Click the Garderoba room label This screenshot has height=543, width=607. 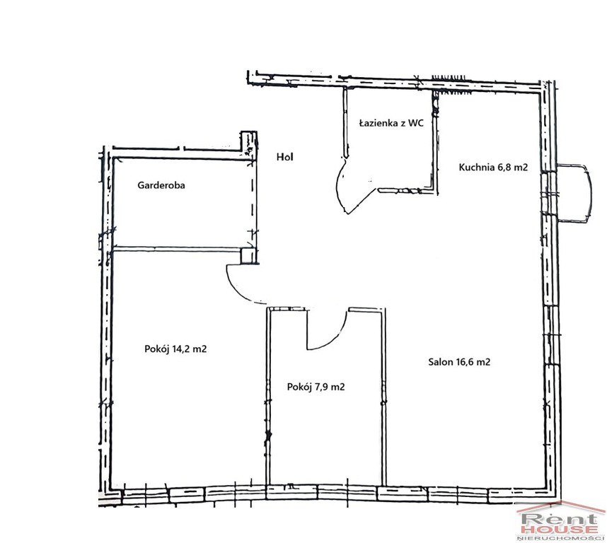coord(161,185)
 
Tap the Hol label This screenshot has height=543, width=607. coord(285,157)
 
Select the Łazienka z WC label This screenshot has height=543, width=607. coord(391,123)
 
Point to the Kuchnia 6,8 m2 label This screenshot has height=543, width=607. coord(493,167)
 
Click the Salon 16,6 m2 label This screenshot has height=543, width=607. coord(459,362)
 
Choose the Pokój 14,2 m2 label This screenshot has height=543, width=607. coord(175,349)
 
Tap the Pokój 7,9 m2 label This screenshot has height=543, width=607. coord(316,387)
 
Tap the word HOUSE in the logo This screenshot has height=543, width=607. coord(560,529)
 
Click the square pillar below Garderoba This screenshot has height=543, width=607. coord(248,256)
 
